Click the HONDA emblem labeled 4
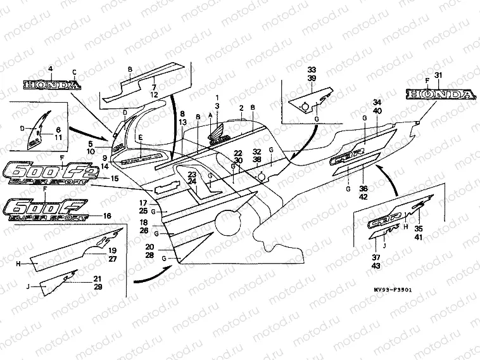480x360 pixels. coord(51,84)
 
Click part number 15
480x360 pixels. coord(115,179)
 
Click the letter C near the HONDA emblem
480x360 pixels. coord(74,72)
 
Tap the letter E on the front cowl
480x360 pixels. coord(141,137)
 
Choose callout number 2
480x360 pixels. coord(241,109)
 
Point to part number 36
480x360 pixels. coord(363,188)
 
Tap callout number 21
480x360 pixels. coord(98,279)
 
